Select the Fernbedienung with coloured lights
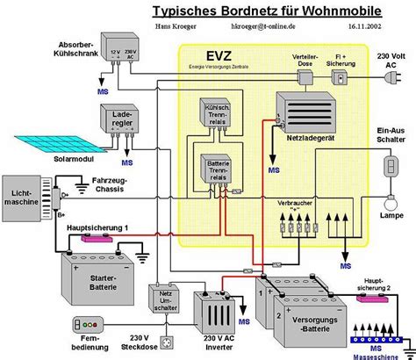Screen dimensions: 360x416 (90, 321)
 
